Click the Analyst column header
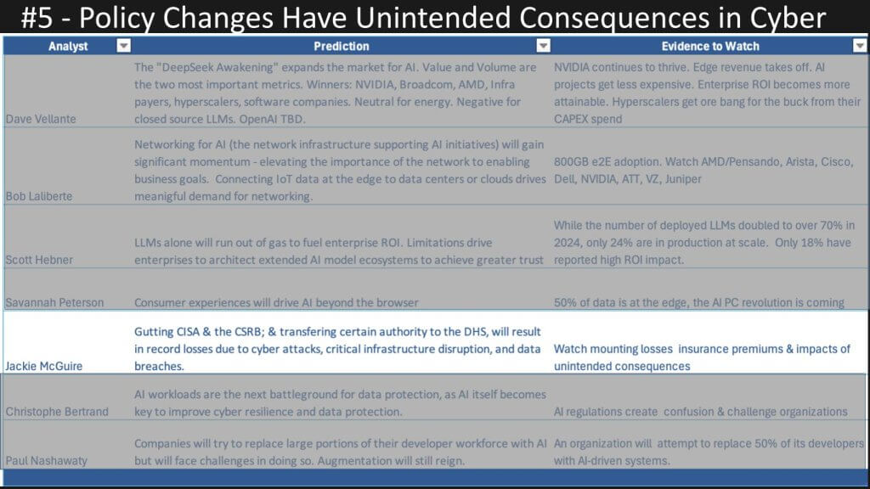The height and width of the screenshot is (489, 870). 68,46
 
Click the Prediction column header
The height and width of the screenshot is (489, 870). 342,46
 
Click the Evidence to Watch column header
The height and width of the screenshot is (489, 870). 710,46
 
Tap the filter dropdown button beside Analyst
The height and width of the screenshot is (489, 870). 124,46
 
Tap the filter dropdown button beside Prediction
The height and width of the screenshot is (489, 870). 543,46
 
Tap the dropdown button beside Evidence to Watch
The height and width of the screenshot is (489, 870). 860,46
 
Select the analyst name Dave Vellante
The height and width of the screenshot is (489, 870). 41,119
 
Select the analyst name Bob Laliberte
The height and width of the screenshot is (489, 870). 39,196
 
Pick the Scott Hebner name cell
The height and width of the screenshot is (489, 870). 39,260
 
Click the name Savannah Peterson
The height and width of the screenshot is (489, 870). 55,303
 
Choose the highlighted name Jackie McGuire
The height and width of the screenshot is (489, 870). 44,366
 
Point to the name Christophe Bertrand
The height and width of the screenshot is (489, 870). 57,412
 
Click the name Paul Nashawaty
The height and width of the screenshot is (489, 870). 47,461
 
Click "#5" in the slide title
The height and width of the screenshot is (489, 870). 37,18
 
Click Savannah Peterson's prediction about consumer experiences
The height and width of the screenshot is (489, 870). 276,303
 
